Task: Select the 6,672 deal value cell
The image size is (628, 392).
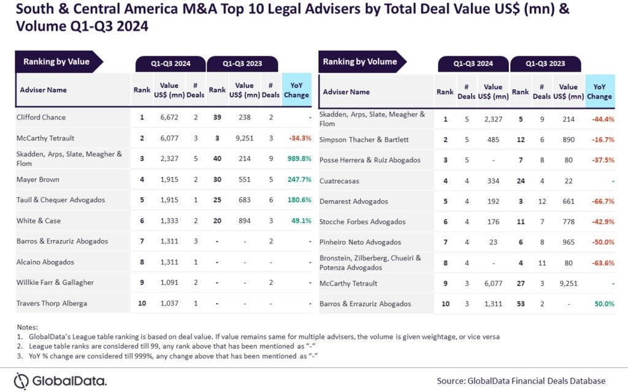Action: [169, 117]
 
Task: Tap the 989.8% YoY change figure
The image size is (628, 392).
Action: [297, 159]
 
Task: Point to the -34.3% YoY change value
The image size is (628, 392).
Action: [297, 138]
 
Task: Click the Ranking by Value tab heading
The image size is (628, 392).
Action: [56, 62]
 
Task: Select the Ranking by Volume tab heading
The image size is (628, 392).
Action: [360, 62]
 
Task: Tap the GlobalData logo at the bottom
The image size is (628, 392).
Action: [60, 380]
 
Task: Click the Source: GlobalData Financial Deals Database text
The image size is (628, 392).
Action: [521, 380]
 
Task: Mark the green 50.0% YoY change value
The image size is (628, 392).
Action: [604, 304]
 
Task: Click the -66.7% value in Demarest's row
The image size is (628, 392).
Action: [602, 202]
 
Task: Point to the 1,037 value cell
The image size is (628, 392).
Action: [169, 304]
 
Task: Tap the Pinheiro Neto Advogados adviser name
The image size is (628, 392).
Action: [360, 243]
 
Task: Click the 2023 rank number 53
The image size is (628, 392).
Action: [520, 304]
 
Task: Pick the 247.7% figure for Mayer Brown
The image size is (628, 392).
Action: [297, 179]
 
